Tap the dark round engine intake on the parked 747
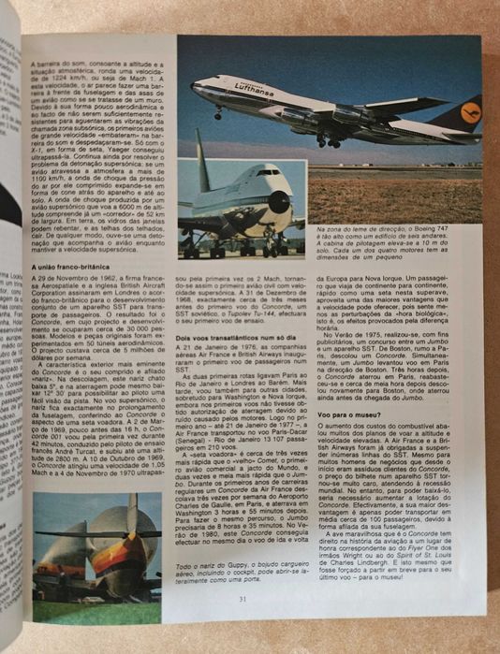tap(279, 201)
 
